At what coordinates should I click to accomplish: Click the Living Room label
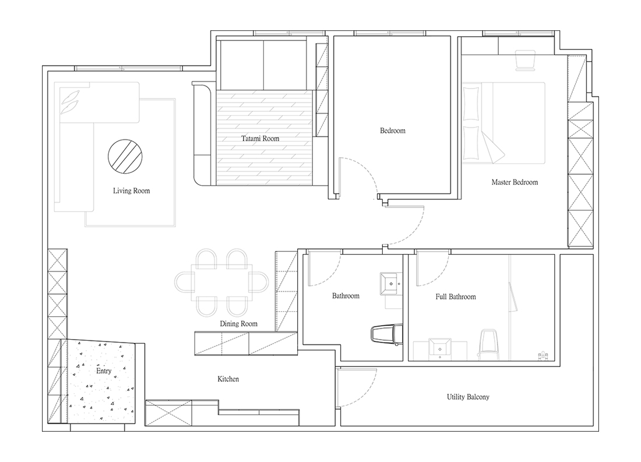tap(131, 191)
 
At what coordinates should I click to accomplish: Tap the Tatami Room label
tap(260, 139)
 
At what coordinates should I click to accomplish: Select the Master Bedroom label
tap(515, 182)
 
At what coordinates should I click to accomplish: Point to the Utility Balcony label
tap(468, 397)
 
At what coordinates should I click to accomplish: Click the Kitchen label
tap(228, 379)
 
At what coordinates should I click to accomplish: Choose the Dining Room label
tap(239, 324)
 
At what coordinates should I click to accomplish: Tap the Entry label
tap(103, 371)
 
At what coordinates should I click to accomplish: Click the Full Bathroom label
tap(456, 297)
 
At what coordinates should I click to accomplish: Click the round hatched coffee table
tap(125, 156)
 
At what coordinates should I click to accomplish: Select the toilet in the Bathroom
tap(386, 334)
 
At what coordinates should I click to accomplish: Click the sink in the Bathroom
tap(391, 283)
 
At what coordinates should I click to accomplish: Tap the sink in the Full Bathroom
tap(440, 348)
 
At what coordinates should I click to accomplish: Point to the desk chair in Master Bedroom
tap(525, 60)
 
